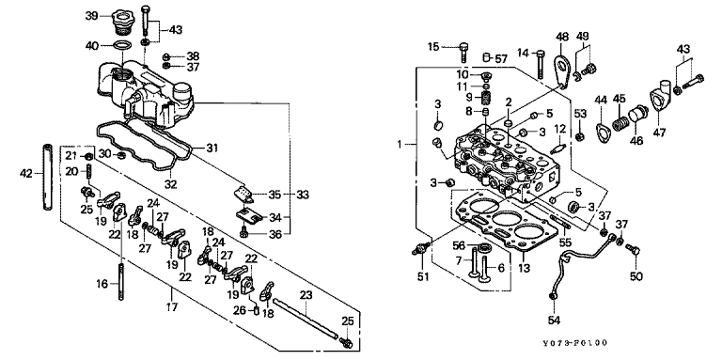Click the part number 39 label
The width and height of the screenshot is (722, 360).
point(91,16)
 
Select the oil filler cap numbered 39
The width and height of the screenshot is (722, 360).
point(122,23)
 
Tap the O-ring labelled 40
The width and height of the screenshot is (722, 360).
point(122,45)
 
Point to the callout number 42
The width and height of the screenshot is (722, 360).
point(26,174)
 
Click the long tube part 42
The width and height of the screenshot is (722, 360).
point(47,178)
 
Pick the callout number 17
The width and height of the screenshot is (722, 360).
point(172,307)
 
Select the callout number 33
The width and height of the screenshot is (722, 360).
point(303,195)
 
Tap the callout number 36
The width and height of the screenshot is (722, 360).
point(275,234)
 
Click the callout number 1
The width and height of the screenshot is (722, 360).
point(400,145)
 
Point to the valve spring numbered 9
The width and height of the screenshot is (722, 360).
point(484,98)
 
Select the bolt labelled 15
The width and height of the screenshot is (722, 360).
point(463,53)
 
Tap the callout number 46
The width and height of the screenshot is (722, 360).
point(636,140)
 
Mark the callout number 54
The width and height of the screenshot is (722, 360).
point(553,319)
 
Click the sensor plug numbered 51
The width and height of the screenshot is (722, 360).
point(421,248)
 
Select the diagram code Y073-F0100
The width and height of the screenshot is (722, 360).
point(574,343)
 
